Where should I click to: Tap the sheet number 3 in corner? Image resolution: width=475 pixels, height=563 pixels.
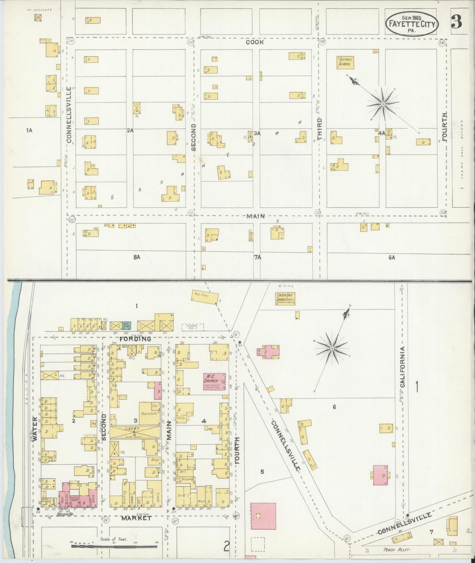(x=457, y=22)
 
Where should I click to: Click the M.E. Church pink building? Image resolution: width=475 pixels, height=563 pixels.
(x=214, y=381)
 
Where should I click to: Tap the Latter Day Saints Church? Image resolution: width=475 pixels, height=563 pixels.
(x=285, y=299)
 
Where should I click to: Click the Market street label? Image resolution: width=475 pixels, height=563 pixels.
(x=136, y=518)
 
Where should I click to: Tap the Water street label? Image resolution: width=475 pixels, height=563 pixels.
(x=35, y=429)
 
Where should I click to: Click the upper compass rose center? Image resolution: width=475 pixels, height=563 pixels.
(x=383, y=104)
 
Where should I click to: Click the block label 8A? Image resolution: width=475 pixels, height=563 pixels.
(x=137, y=257)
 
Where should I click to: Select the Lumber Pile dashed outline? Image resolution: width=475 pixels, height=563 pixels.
(x=193, y=327)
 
